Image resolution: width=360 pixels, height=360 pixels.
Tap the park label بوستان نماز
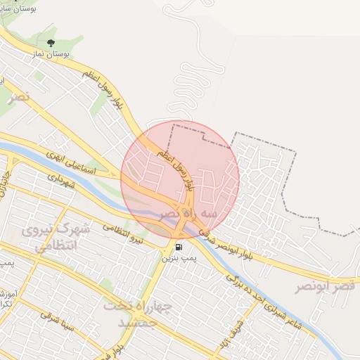(x=51, y=51)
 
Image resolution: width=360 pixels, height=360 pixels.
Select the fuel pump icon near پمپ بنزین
(x=178, y=247)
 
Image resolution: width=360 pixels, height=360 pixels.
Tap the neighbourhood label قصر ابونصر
(x=326, y=286)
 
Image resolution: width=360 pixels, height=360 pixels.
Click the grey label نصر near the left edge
(x=18, y=97)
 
